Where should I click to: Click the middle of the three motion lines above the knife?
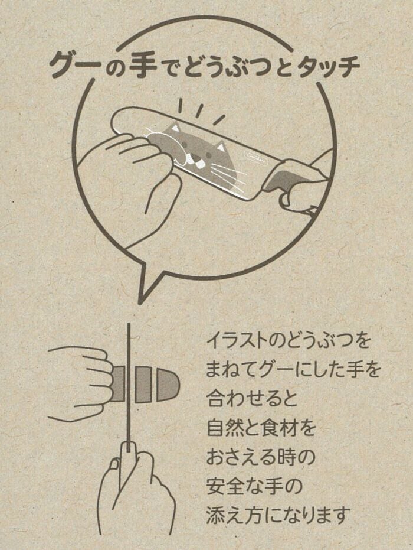pos(199,110)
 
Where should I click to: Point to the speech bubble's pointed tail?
pos(147,284)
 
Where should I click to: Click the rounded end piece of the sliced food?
pos(168,385)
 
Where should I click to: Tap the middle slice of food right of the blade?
pos(143,385)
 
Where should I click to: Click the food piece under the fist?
pos(119,384)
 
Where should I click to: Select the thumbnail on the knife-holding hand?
pos(114,464)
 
